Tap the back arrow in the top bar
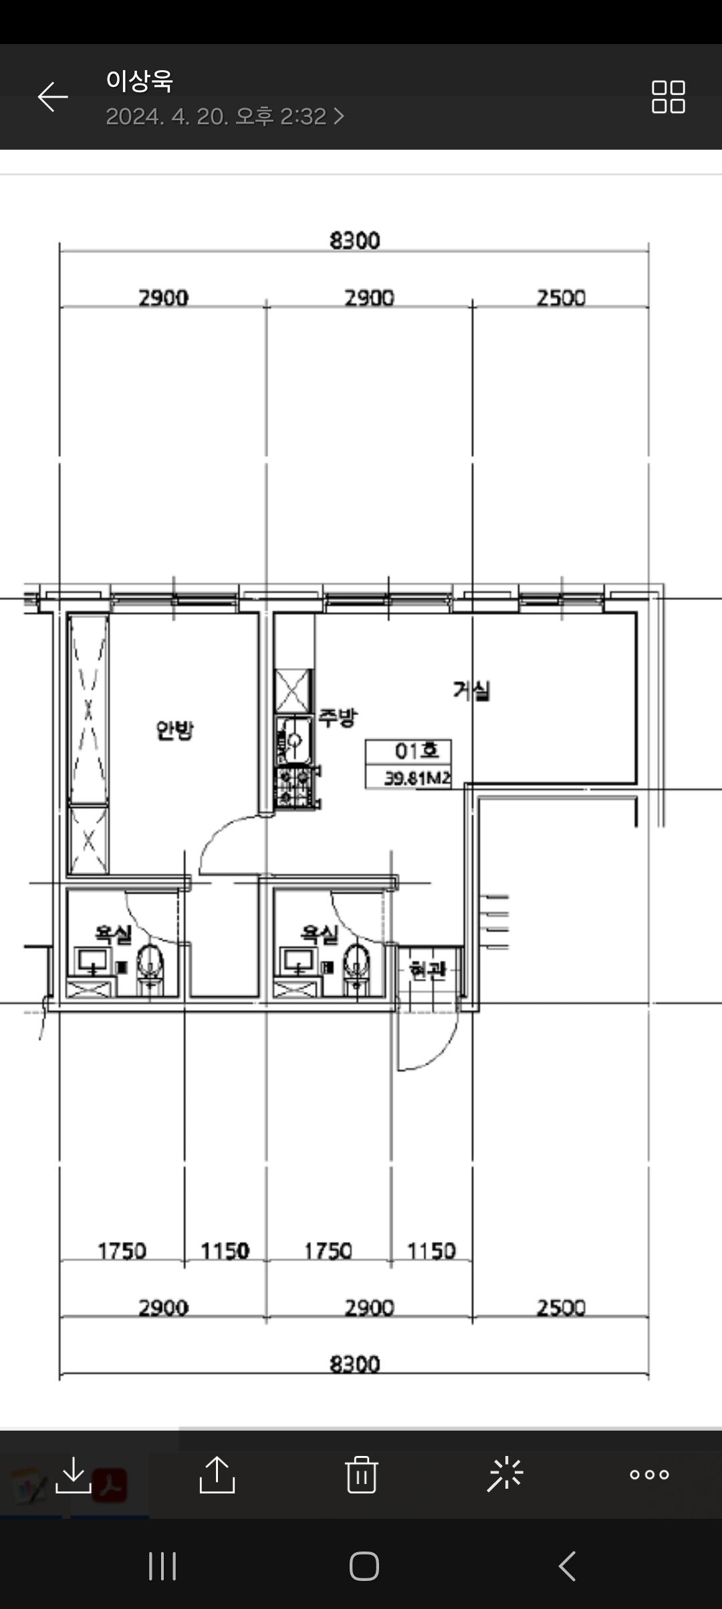(53, 97)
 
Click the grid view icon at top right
(669, 97)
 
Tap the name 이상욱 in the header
(139, 81)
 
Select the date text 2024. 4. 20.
(167, 117)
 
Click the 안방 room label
(174, 730)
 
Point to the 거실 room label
(472, 690)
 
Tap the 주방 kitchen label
(338, 718)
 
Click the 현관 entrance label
(427, 970)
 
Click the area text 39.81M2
(417, 778)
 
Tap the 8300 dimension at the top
(355, 241)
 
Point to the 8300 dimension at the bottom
(355, 1364)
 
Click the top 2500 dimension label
(561, 297)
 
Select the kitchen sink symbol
(293, 740)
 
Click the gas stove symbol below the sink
(295, 788)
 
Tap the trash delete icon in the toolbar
(361, 1474)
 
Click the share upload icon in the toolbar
(217, 1474)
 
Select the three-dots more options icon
(649, 1475)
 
